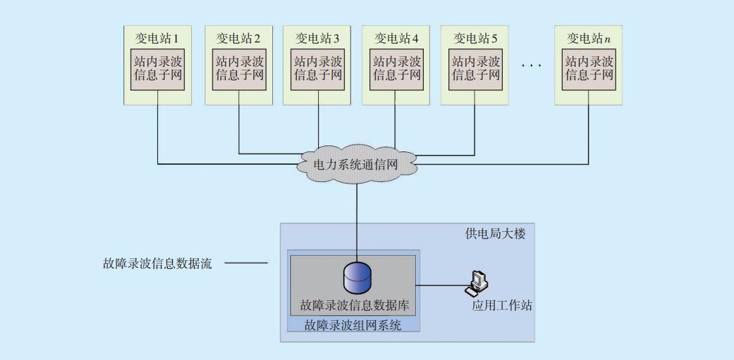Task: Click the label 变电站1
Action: click(x=157, y=38)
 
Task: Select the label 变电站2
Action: click(x=238, y=38)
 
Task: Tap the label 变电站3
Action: click(x=317, y=38)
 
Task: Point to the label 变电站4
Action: click(x=396, y=38)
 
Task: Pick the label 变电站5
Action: click(x=475, y=38)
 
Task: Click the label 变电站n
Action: click(x=589, y=38)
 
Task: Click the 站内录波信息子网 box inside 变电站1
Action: click(x=157, y=68)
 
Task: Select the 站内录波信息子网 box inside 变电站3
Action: click(x=318, y=68)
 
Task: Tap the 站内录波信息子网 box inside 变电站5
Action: click(x=476, y=68)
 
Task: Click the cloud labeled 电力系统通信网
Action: click(x=357, y=163)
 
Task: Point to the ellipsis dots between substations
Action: click(x=531, y=66)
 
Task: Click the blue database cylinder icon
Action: click(x=357, y=278)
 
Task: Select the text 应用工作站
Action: click(x=502, y=306)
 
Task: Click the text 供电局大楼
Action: click(x=495, y=235)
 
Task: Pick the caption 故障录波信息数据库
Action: click(x=357, y=306)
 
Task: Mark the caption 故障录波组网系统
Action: click(x=353, y=325)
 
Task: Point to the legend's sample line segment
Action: click(x=246, y=264)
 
